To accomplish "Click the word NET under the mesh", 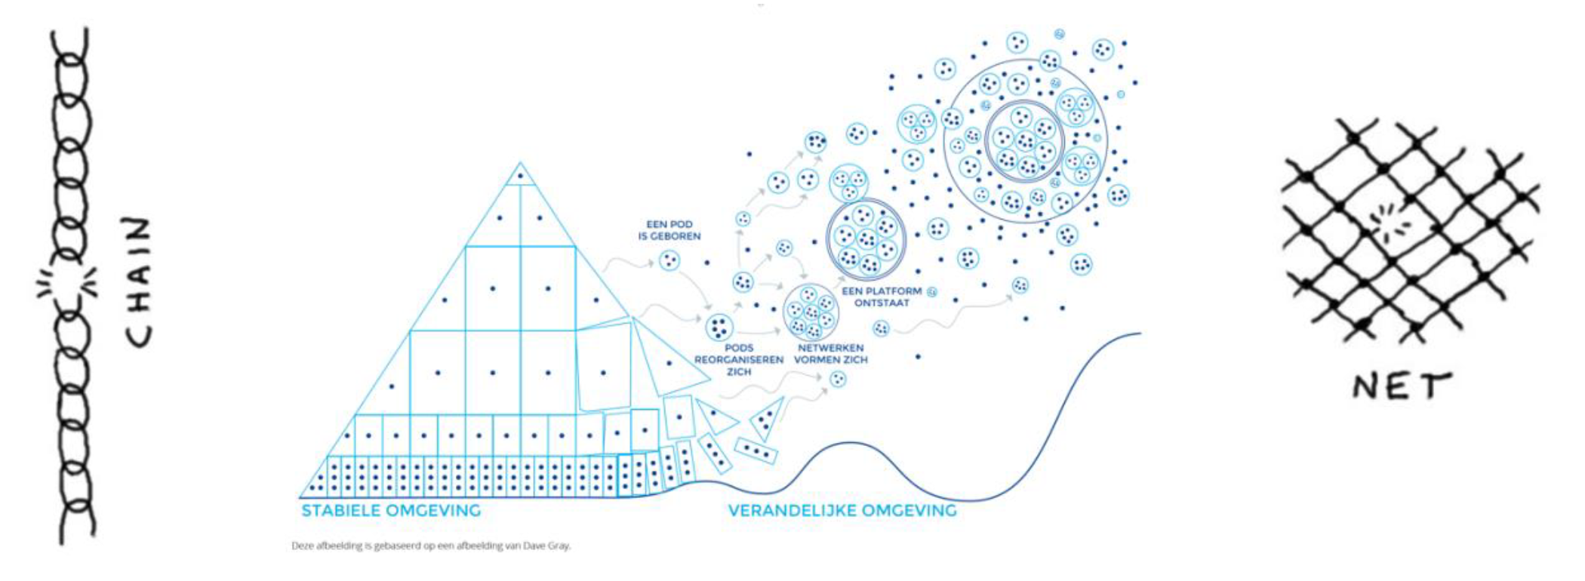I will pyautogui.click(x=1402, y=386).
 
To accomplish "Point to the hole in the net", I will pyautogui.click(x=1390, y=223).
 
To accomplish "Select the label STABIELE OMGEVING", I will pyautogui.click(x=391, y=511).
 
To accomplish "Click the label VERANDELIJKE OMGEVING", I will pyautogui.click(x=842, y=511).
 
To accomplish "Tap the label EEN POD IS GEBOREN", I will pyautogui.click(x=669, y=230).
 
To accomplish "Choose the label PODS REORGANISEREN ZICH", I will pyautogui.click(x=739, y=360).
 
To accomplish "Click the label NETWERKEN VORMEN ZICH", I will pyautogui.click(x=830, y=354).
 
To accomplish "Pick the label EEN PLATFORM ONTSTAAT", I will pyautogui.click(x=882, y=297).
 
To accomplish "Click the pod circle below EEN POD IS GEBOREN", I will pyautogui.click(x=669, y=261).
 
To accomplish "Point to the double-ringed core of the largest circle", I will pyautogui.click(x=1024, y=141).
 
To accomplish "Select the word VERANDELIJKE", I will pyautogui.click(x=792, y=511).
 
